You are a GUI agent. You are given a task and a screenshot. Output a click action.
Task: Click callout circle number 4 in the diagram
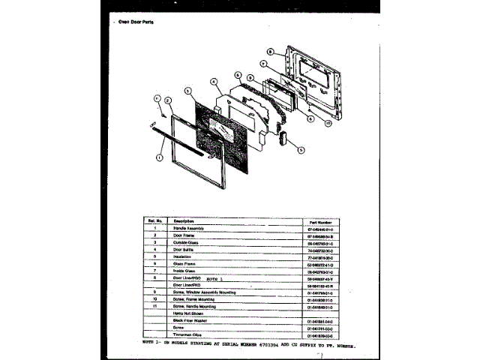click(214, 82)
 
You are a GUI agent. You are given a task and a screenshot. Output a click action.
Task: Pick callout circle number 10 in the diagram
click(328, 123)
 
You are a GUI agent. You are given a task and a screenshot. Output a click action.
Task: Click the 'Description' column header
click(184, 221)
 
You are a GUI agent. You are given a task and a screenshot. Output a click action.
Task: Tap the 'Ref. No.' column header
click(154, 221)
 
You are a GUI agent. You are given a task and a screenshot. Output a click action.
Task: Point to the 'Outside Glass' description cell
click(188, 243)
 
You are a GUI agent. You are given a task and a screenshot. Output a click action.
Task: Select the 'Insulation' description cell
click(184, 257)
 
